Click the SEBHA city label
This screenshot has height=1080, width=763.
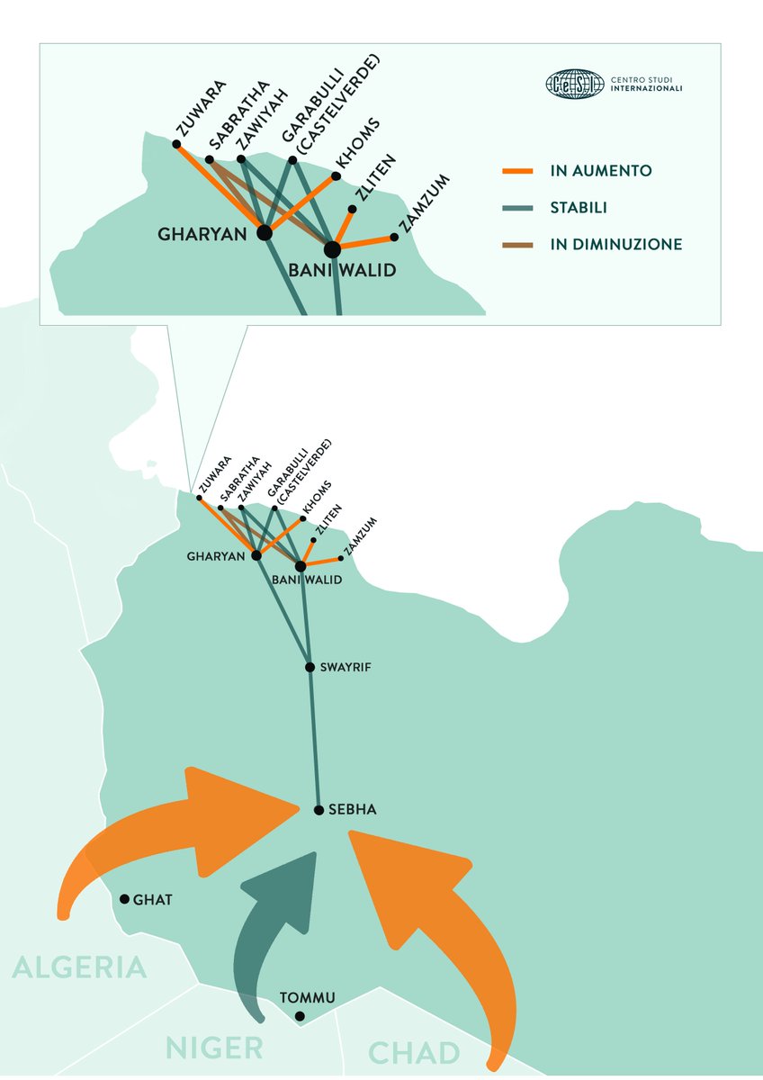pyautogui.click(x=352, y=810)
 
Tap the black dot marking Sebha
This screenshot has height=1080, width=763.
pyautogui.click(x=319, y=810)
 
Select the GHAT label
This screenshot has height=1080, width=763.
pyautogui.click(x=152, y=899)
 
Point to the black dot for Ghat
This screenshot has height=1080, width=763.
pyautogui.click(x=124, y=898)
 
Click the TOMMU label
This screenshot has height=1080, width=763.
pyautogui.click(x=307, y=998)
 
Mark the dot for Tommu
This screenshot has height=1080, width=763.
pyautogui.click(x=300, y=1016)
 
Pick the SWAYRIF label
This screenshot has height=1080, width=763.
pyautogui.click(x=345, y=668)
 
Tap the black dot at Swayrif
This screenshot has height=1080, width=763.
pyautogui.click(x=310, y=667)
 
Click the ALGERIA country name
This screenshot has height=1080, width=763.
pyautogui.click(x=79, y=967)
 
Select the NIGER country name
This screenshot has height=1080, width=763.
pyautogui.click(x=214, y=1048)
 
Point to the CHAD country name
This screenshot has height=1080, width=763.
pyautogui.click(x=414, y=1053)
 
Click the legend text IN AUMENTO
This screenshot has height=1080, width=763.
pyautogui.click(x=600, y=170)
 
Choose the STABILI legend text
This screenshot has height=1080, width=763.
pyautogui.click(x=579, y=208)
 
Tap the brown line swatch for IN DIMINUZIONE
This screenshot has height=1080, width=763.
pyautogui.click(x=518, y=244)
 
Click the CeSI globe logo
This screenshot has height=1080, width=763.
pyautogui.click(x=574, y=85)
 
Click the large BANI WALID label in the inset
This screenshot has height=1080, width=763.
pyautogui.click(x=342, y=270)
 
